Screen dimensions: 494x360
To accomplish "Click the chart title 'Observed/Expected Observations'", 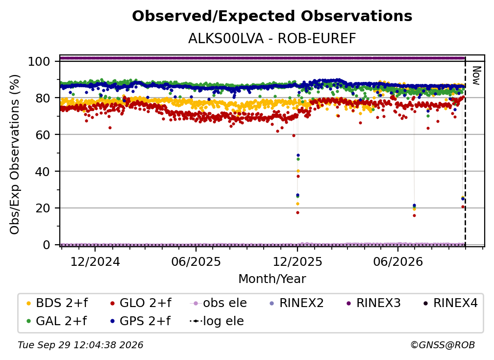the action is pyautogui.click(x=272, y=16).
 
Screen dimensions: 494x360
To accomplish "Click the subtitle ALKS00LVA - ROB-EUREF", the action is pyautogui.click(x=272, y=38).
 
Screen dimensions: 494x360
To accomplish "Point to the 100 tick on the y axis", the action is pyautogui.click(x=39, y=61).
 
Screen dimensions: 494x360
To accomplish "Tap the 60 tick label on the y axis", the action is pyautogui.click(x=43, y=134).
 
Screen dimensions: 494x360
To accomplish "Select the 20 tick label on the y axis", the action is pyautogui.click(x=43, y=208).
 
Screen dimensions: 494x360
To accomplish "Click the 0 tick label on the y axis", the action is pyautogui.click(x=47, y=245).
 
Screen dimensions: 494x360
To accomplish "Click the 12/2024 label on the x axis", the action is pyautogui.click(x=95, y=261).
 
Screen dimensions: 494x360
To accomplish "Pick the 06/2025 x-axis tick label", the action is pyautogui.click(x=196, y=261).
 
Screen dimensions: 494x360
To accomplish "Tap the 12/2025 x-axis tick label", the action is pyautogui.click(x=297, y=261).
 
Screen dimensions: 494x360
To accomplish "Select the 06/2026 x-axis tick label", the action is pyautogui.click(x=398, y=261).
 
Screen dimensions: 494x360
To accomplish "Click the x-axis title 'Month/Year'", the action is pyautogui.click(x=272, y=279).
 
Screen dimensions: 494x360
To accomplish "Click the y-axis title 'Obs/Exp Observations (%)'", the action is pyautogui.click(x=15, y=154).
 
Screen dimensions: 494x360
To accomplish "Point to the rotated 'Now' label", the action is pyautogui.click(x=476, y=76).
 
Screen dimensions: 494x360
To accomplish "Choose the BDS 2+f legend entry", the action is pyautogui.click(x=57, y=303).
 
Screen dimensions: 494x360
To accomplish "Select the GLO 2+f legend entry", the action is pyautogui.click(x=141, y=303).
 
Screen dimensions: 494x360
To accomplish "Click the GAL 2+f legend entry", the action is pyautogui.click(x=56, y=321).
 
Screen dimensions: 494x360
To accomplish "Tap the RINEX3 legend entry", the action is pyautogui.click(x=373, y=303).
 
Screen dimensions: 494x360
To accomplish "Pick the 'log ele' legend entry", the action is pyautogui.click(x=217, y=321).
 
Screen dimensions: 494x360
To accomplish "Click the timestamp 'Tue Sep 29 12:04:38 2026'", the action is pyautogui.click(x=80, y=345).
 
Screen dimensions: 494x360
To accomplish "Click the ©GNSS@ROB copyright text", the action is pyautogui.click(x=443, y=345).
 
